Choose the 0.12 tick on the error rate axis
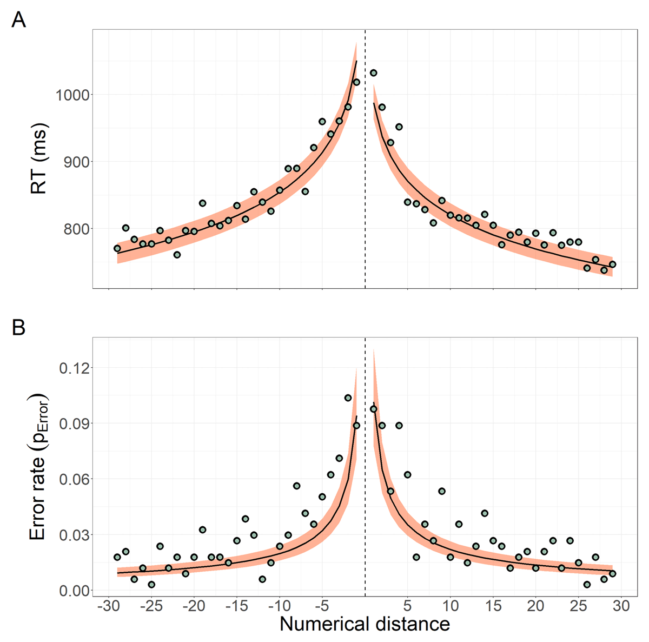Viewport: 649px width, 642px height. pos(72,368)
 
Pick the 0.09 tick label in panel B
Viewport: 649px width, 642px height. pos(72,423)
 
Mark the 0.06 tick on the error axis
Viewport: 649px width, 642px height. pos(72,479)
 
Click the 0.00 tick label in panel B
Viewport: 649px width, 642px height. pos(72,591)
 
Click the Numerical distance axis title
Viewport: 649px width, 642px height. pos(365,624)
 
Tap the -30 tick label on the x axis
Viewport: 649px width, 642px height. pos(109,605)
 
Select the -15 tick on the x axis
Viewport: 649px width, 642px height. pos(237,605)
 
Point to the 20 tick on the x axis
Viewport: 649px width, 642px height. pos(535,605)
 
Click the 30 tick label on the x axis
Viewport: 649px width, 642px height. pos(621,605)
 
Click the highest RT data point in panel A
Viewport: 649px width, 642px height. pos(373,72)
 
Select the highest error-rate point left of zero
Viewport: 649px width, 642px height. pos(348,398)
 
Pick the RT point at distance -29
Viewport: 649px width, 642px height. pos(117,248)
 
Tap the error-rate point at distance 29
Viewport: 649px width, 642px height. pos(612,574)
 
